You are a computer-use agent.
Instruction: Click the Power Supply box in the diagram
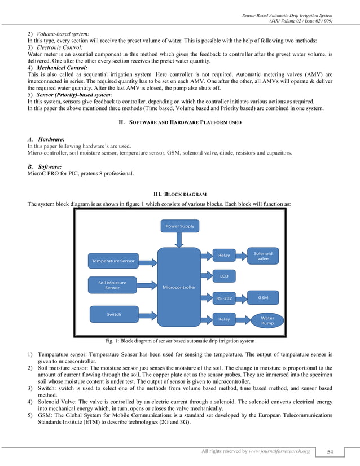point(180,226)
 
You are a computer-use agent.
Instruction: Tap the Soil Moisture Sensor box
point(112,285)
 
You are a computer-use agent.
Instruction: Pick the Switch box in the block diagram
point(114,314)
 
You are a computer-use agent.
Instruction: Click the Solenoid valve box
point(262,256)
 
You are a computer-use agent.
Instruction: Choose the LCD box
point(224,276)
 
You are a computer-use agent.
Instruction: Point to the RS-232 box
point(224,297)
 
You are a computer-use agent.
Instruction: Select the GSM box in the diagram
point(262,297)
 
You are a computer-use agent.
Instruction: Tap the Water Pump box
point(267,320)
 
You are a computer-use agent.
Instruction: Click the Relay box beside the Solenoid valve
point(224,256)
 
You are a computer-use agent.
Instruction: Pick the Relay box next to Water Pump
point(224,319)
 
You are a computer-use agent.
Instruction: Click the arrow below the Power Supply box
point(179,240)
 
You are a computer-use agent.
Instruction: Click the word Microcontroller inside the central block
point(179,287)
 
